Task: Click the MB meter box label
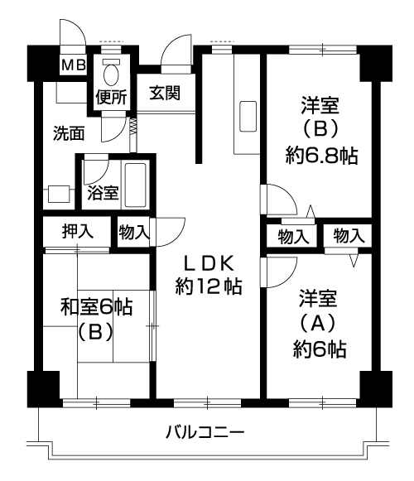74,65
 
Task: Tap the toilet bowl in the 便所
111,73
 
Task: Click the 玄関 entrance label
165,93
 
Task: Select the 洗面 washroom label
69,133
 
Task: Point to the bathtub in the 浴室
135,185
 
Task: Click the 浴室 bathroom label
103,193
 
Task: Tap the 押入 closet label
77,231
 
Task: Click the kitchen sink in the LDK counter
248,117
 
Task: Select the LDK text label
209,264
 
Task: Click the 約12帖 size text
209,286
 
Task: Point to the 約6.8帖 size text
321,156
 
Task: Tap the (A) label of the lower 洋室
317,324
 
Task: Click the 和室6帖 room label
97,307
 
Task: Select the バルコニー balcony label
205,432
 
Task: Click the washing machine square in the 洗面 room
59,194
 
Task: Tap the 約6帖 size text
319,349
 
